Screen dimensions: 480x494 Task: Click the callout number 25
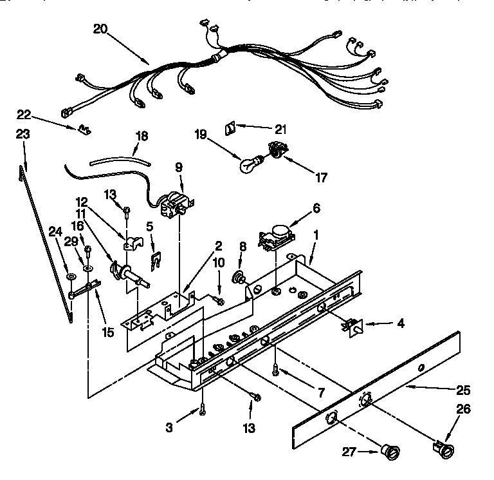[462, 390]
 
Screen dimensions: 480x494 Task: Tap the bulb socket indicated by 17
[277, 151]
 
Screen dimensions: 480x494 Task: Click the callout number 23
[23, 135]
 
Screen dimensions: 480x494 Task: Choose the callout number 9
[179, 166]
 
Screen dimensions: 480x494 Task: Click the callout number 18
[141, 136]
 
